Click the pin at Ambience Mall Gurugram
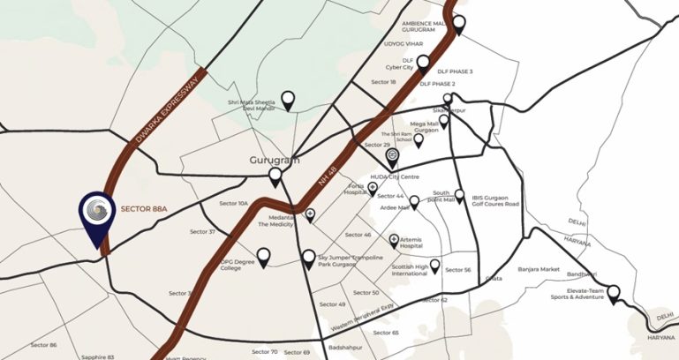tap(457, 24)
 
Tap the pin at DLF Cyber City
tap(423, 64)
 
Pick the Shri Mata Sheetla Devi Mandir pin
tap(288, 100)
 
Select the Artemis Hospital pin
tap(394, 240)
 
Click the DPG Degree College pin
tap(263, 256)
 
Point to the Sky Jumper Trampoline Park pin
tap(308, 259)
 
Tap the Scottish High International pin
tap(434, 265)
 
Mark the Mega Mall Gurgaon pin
tap(443, 121)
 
